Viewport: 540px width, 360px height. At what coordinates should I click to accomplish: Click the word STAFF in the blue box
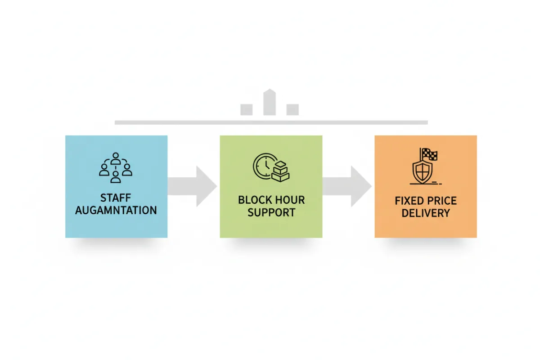coord(116,198)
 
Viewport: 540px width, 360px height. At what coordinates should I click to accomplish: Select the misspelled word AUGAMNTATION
coord(116,210)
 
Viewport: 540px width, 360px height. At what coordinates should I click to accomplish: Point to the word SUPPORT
coord(271,212)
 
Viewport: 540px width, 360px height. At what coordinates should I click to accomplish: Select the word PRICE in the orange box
coord(442,201)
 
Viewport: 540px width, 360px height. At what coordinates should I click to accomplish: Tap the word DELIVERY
coord(425,213)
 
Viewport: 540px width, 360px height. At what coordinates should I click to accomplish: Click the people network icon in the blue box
coord(116,168)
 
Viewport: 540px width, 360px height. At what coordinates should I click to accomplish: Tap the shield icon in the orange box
coord(422,170)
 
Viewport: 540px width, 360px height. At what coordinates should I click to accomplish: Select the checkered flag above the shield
coord(429,154)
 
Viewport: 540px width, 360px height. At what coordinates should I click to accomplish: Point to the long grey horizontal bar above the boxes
coord(271,122)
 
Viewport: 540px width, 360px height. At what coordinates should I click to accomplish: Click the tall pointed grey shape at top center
coord(270,102)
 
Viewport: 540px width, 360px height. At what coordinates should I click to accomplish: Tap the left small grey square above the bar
coord(246,109)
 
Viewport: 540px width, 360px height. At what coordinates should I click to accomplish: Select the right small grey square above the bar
coord(292,109)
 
